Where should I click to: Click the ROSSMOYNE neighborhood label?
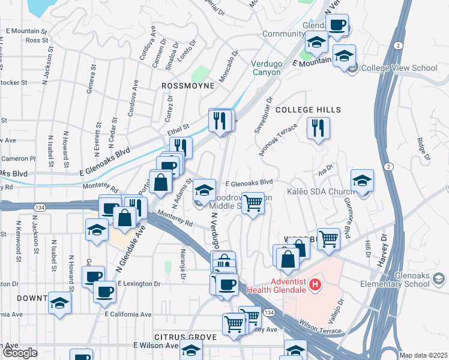[x=188, y=86]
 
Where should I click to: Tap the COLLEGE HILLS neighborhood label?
[x=308, y=110]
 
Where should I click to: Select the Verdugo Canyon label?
[x=266, y=68]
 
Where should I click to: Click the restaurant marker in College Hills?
[x=318, y=128]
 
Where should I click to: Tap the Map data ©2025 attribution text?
[x=424, y=355]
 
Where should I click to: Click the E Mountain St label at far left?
[x=26, y=31]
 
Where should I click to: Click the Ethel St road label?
[x=179, y=127]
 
